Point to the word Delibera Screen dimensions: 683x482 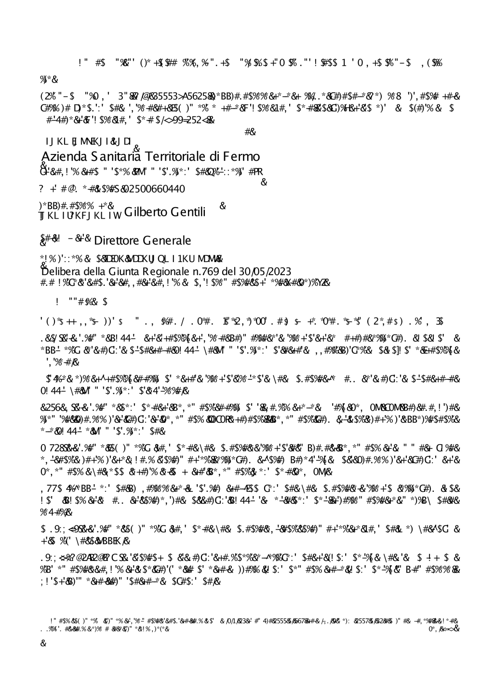point(56,271)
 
